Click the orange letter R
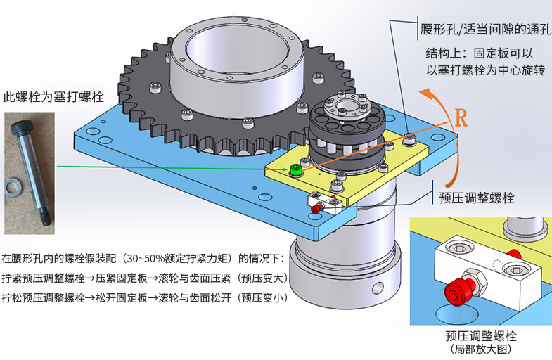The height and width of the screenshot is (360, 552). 461,117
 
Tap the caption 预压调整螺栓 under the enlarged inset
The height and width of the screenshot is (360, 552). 481,334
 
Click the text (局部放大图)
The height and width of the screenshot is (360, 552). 481,348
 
